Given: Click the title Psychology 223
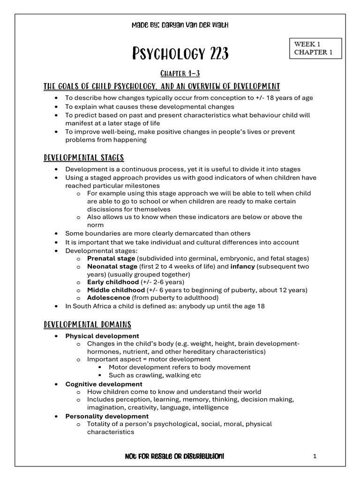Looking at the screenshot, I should (180, 54).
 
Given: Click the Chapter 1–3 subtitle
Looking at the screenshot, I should (180, 74).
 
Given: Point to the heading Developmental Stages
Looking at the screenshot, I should (84, 157).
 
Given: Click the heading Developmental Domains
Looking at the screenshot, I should (87, 324).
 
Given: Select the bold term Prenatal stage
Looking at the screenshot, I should (111, 258).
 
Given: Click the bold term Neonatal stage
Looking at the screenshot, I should (112, 266).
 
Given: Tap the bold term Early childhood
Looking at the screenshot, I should (113, 282).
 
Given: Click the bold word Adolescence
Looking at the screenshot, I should (108, 298).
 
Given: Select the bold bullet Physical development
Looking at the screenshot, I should (102, 336).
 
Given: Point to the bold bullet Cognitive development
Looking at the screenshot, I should (104, 384).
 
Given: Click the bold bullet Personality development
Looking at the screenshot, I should (107, 416).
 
